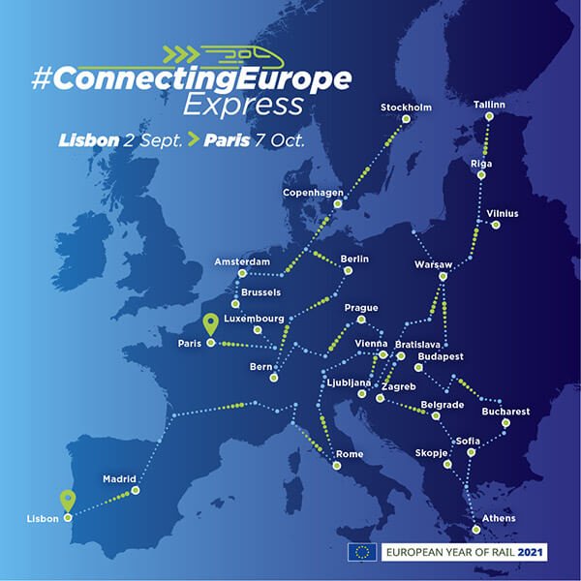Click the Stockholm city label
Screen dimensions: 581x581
point(406,107)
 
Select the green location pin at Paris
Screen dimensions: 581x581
point(211,325)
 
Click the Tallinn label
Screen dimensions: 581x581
point(491,105)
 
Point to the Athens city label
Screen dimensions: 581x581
point(499,518)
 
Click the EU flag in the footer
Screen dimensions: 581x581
point(363,552)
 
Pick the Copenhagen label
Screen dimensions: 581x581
point(313,193)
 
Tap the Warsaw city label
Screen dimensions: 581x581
point(433,263)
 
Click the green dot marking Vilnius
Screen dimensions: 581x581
point(496,226)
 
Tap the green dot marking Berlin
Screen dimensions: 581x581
point(347,271)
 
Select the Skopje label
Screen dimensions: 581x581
point(431,452)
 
